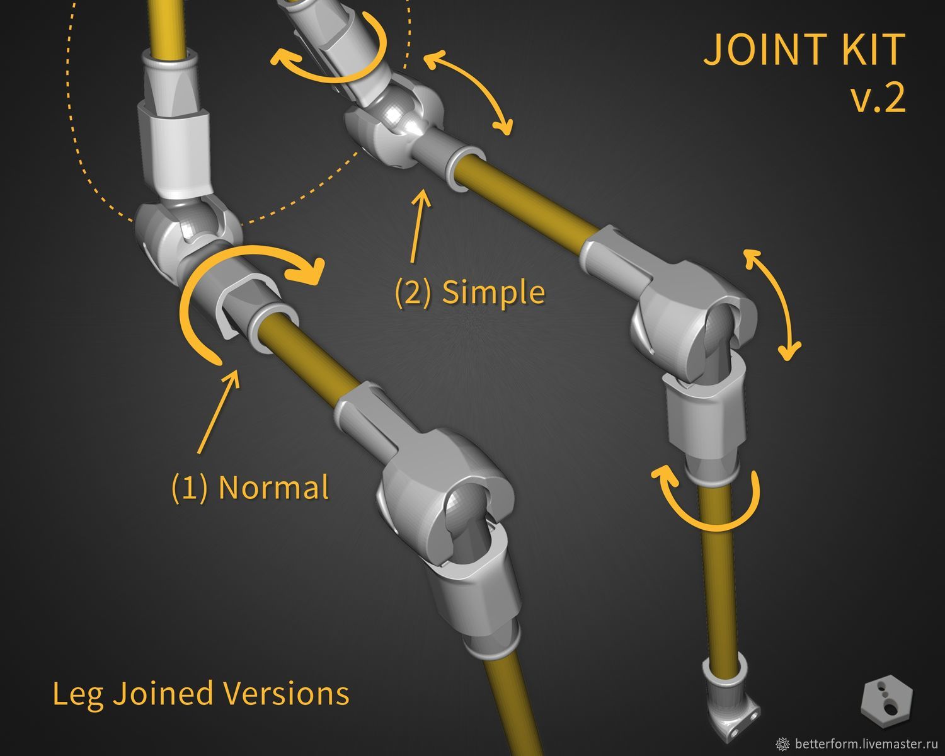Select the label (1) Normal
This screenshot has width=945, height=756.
coord(250,487)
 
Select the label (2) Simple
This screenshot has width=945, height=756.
coord(471,292)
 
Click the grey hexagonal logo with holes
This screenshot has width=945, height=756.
coord(886,701)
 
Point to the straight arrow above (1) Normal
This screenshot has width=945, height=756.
coord(218,411)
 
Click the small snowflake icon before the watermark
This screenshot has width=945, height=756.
coord(782,744)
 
